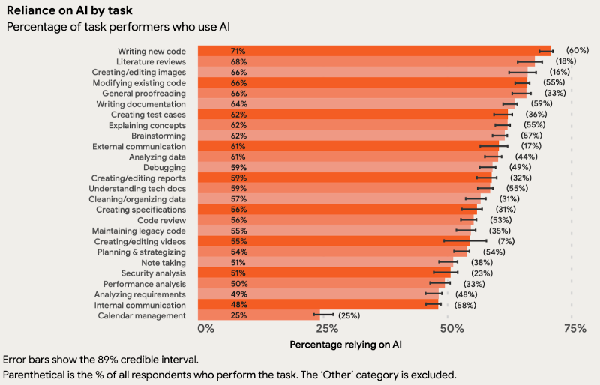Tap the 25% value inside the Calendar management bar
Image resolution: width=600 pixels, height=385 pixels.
click(x=239, y=315)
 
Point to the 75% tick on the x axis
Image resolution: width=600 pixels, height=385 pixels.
click(x=574, y=329)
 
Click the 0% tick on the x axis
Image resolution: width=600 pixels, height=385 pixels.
click(x=206, y=329)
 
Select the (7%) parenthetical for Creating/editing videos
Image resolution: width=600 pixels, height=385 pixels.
click(x=505, y=242)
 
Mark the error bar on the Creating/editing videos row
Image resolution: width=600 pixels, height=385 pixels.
click(x=465, y=242)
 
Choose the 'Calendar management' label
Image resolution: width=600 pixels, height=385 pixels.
click(x=142, y=315)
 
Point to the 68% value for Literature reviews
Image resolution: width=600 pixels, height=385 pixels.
click(x=239, y=61)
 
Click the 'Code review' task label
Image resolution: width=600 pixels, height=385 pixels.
click(x=161, y=221)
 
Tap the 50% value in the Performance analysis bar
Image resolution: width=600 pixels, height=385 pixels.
click(x=239, y=284)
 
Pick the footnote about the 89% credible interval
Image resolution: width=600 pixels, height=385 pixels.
click(x=101, y=360)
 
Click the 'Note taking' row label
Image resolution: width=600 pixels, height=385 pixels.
click(x=163, y=263)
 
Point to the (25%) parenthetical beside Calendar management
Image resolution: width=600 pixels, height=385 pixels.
click(x=351, y=315)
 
